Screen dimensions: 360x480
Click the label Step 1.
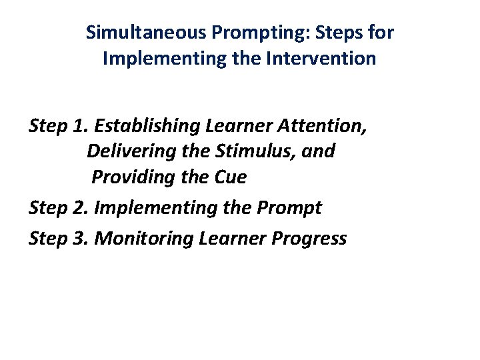pyautogui.click(x=59, y=126)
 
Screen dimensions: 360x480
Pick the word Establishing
pyautogui.click(x=149, y=126)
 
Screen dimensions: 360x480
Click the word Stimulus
pyautogui.click(x=252, y=152)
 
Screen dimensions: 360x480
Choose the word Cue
pyautogui.click(x=231, y=178)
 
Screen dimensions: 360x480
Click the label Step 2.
pyautogui.click(x=59, y=208)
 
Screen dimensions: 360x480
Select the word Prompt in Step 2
pyautogui.click(x=289, y=208)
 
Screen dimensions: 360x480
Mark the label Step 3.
pyautogui.click(x=59, y=238)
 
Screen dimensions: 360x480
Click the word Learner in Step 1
pyautogui.click(x=240, y=126)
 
